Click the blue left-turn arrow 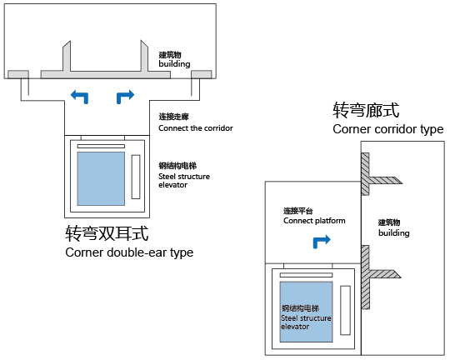(x=80, y=96)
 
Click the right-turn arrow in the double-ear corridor (x=125, y=96)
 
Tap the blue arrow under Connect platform (x=321, y=241)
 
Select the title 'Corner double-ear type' (x=129, y=252)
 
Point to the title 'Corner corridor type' (x=388, y=129)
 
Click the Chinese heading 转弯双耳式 (x=107, y=233)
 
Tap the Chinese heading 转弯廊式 (x=366, y=110)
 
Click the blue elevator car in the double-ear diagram (x=101, y=178)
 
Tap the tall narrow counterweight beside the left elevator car (x=136, y=177)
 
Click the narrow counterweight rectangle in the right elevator (x=345, y=310)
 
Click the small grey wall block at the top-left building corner (x=18, y=74)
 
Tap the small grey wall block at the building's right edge (x=202, y=74)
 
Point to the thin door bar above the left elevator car (x=101, y=146)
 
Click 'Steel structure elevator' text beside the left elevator (x=184, y=181)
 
